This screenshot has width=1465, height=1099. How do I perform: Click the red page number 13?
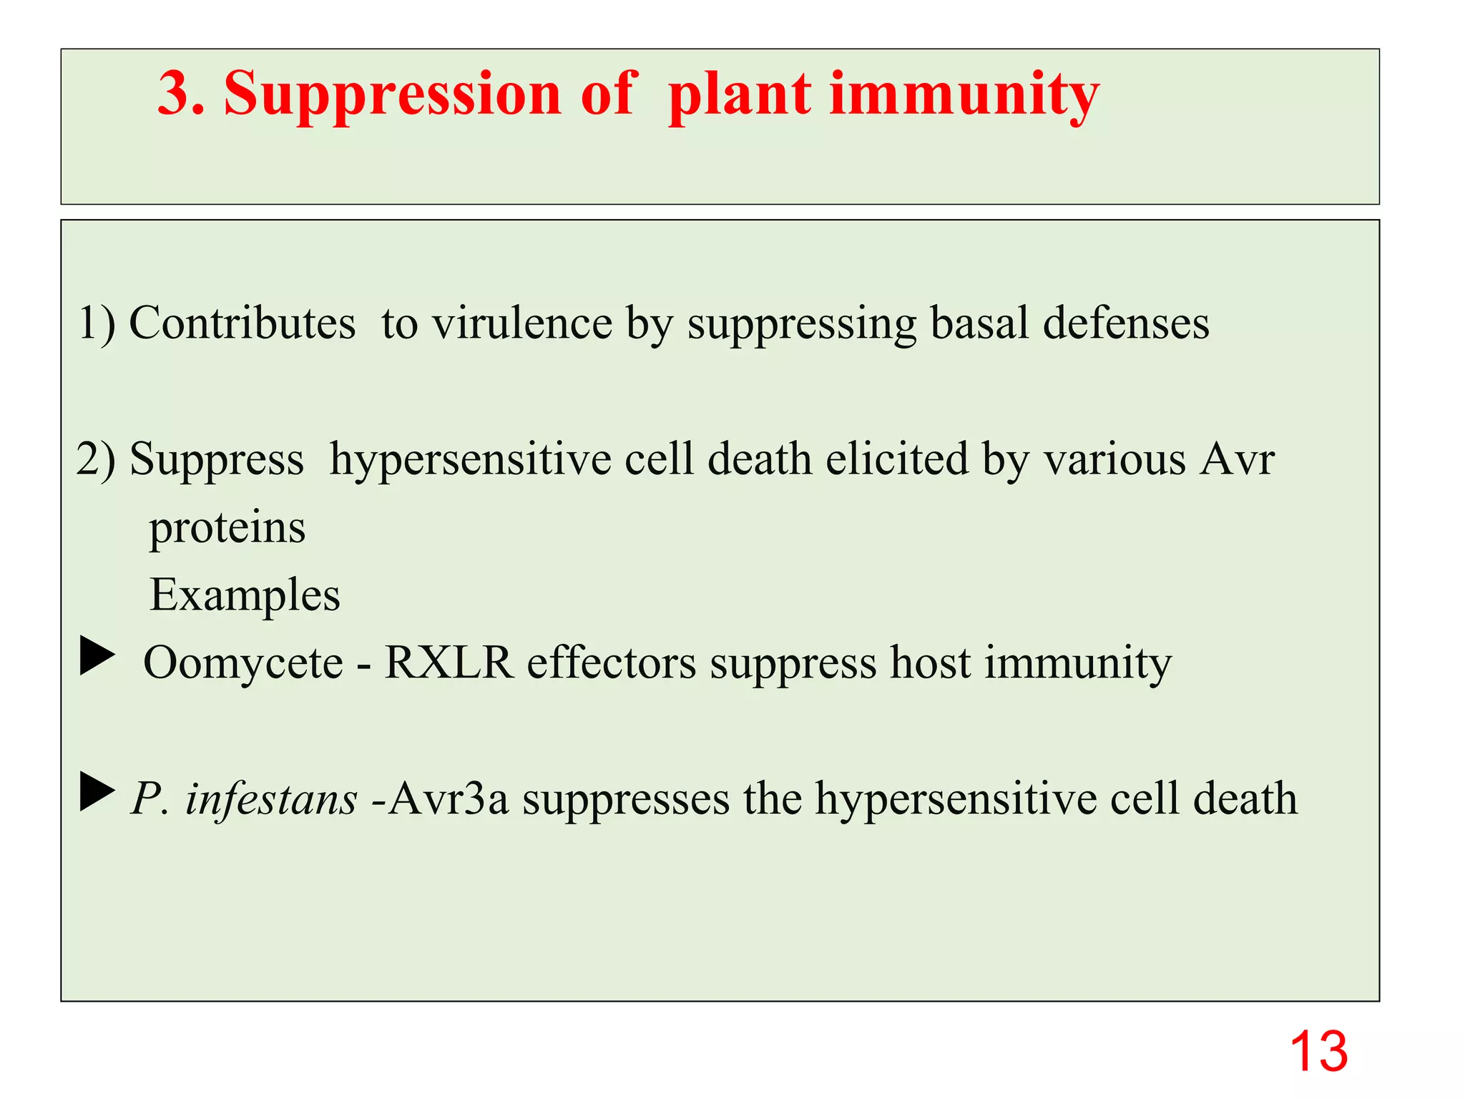(x=1318, y=1051)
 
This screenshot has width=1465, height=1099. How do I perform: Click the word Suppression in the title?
(x=392, y=94)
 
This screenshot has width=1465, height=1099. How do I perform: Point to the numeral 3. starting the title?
(x=180, y=94)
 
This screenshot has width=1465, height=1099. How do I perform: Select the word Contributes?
(x=242, y=323)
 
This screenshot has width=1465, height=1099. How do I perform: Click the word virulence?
(x=522, y=323)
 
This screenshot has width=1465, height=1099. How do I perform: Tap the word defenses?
(x=1126, y=323)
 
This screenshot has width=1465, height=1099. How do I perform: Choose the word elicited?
(x=897, y=459)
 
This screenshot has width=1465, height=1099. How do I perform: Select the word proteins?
(x=227, y=528)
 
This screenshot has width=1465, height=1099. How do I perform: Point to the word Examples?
(x=245, y=595)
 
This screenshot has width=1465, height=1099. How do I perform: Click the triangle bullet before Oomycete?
(x=97, y=655)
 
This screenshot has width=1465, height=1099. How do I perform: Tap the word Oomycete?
(x=243, y=663)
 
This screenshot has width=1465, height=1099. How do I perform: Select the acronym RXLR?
(x=449, y=663)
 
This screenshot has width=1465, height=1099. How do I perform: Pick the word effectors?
(x=612, y=663)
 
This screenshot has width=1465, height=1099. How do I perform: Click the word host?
(x=930, y=663)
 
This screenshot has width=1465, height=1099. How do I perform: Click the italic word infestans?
(x=271, y=798)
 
